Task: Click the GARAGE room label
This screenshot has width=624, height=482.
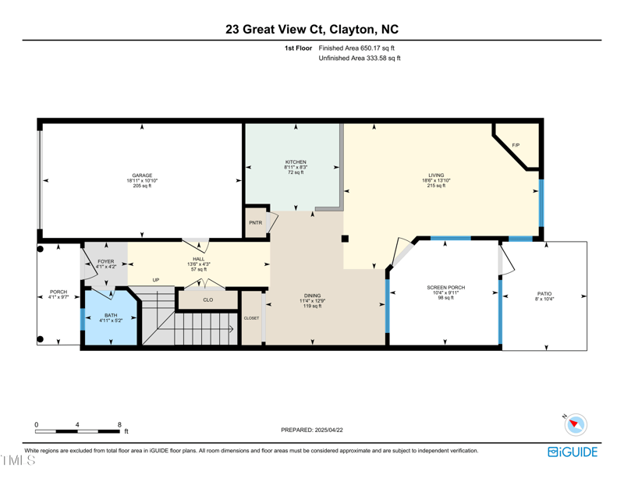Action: pyautogui.click(x=141, y=175)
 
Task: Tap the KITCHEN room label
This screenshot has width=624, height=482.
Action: pyautogui.click(x=296, y=162)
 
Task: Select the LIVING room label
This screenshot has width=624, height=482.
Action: pyautogui.click(x=436, y=175)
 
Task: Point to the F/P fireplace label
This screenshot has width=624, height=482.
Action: pyautogui.click(x=516, y=146)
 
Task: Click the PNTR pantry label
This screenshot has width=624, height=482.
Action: pyautogui.click(x=255, y=223)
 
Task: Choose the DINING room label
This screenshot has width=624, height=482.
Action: pyautogui.click(x=313, y=296)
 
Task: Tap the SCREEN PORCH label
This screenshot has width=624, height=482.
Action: pyautogui.click(x=445, y=288)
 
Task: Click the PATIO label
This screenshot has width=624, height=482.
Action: pyautogui.click(x=544, y=294)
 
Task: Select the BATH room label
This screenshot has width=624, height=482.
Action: pyautogui.click(x=110, y=316)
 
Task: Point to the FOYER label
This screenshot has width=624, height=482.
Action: pyautogui.click(x=105, y=261)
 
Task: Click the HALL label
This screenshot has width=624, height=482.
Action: pyautogui.click(x=199, y=259)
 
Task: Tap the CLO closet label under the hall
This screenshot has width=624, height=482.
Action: pyautogui.click(x=207, y=299)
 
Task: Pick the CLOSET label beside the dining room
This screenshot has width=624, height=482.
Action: pyautogui.click(x=251, y=318)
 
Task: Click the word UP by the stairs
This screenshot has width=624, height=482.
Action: pyautogui.click(x=156, y=280)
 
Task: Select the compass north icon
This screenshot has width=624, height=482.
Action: pyautogui.click(x=576, y=425)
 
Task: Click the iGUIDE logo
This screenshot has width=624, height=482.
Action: pyautogui.click(x=573, y=452)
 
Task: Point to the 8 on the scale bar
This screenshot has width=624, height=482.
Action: pyautogui.click(x=119, y=424)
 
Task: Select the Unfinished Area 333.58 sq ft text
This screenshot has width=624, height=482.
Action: pyautogui.click(x=360, y=58)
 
